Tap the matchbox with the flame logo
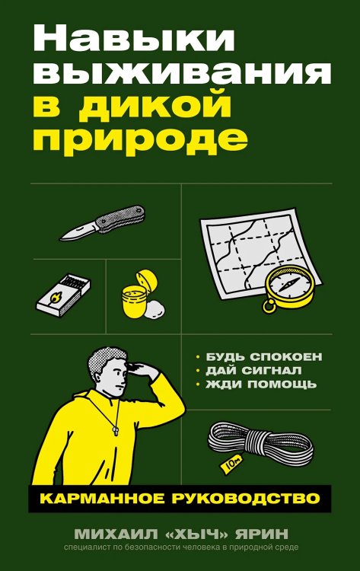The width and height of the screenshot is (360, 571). tap(65, 292)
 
